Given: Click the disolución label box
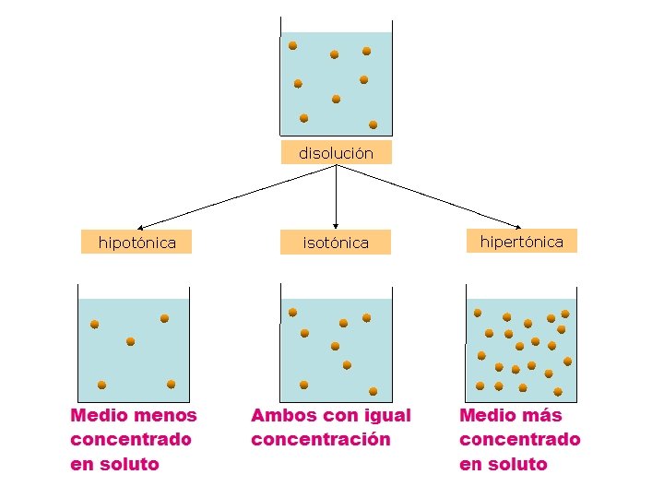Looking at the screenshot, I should click(x=336, y=153).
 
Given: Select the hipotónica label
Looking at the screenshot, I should click(x=137, y=243).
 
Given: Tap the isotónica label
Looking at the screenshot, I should click(x=336, y=243).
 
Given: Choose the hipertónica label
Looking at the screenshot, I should click(x=521, y=242).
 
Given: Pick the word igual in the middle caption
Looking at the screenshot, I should click(x=388, y=416).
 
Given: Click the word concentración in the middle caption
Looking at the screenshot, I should click(x=320, y=440).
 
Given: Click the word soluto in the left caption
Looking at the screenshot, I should click(x=128, y=465).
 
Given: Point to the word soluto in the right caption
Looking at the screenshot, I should click(x=517, y=465).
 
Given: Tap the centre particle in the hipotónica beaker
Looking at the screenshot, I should click(x=131, y=341).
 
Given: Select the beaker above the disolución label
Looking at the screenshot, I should click(x=336, y=83).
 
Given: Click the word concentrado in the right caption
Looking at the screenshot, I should click(x=520, y=440).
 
